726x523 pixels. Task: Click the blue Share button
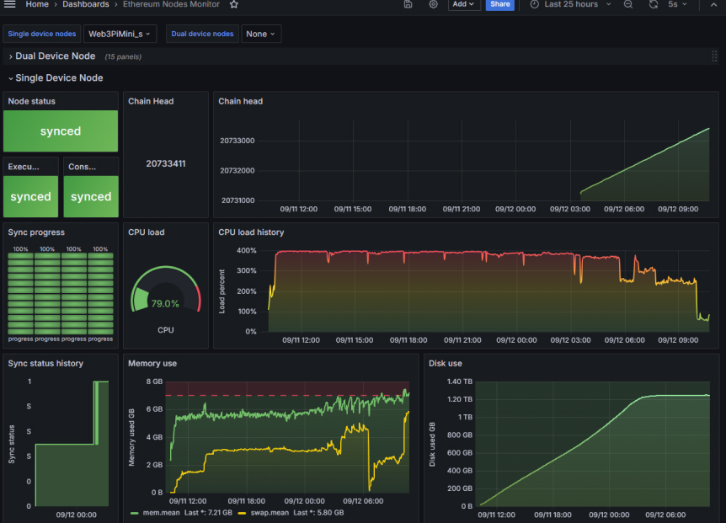coord(499,4)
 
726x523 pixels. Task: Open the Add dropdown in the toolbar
coord(462,4)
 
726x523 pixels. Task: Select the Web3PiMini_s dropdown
coord(120,34)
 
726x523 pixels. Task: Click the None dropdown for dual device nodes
coord(261,34)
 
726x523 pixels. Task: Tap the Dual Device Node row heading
coord(55,56)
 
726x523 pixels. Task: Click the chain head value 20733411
coord(165,163)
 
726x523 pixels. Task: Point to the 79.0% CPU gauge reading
coord(165,303)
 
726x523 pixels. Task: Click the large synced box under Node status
coord(61,131)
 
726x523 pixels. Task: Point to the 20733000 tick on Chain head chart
coord(237,141)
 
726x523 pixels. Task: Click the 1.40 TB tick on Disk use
coord(460,382)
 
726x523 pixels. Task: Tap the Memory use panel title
coord(152,363)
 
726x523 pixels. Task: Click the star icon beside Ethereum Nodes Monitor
coord(234,4)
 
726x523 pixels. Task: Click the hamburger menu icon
coord(11,4)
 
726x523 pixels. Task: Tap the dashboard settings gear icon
coord(433,4)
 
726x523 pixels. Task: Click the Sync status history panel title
coord(45,363)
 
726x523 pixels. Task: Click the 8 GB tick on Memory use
coord(154,382)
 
